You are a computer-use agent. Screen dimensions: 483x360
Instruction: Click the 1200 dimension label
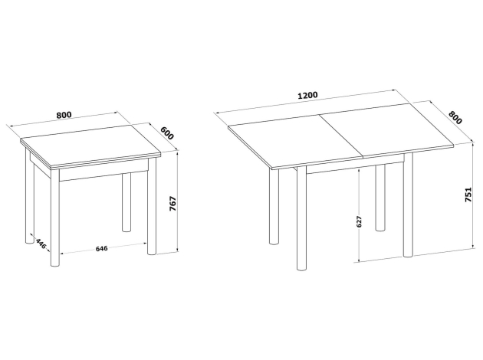[307, 95]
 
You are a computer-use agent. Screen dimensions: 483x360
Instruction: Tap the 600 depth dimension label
[167, 133]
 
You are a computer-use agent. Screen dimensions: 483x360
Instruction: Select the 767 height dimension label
[172, 204]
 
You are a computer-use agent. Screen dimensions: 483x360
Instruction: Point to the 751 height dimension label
[468, 195]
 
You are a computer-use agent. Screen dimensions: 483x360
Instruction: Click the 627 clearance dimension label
[359, 221]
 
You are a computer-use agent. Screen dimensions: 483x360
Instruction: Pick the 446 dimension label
[41, 243]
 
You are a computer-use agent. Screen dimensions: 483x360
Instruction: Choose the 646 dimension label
[102, 248]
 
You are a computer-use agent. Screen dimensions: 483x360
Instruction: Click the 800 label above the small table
[64, 115]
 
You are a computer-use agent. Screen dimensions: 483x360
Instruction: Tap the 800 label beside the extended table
[455, 117]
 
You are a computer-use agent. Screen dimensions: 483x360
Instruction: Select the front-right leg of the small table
[152, 206]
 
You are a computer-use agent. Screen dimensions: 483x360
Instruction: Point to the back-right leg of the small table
[127, 202]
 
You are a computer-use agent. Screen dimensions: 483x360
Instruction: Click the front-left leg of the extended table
[301, 218]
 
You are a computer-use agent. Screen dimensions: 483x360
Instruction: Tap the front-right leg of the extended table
[408, 205]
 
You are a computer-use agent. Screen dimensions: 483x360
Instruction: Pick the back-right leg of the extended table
[380, 198]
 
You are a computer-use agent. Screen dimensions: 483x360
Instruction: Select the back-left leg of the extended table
[274, 207]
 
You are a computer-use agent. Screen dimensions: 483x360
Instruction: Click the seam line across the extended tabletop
[341, 137]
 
